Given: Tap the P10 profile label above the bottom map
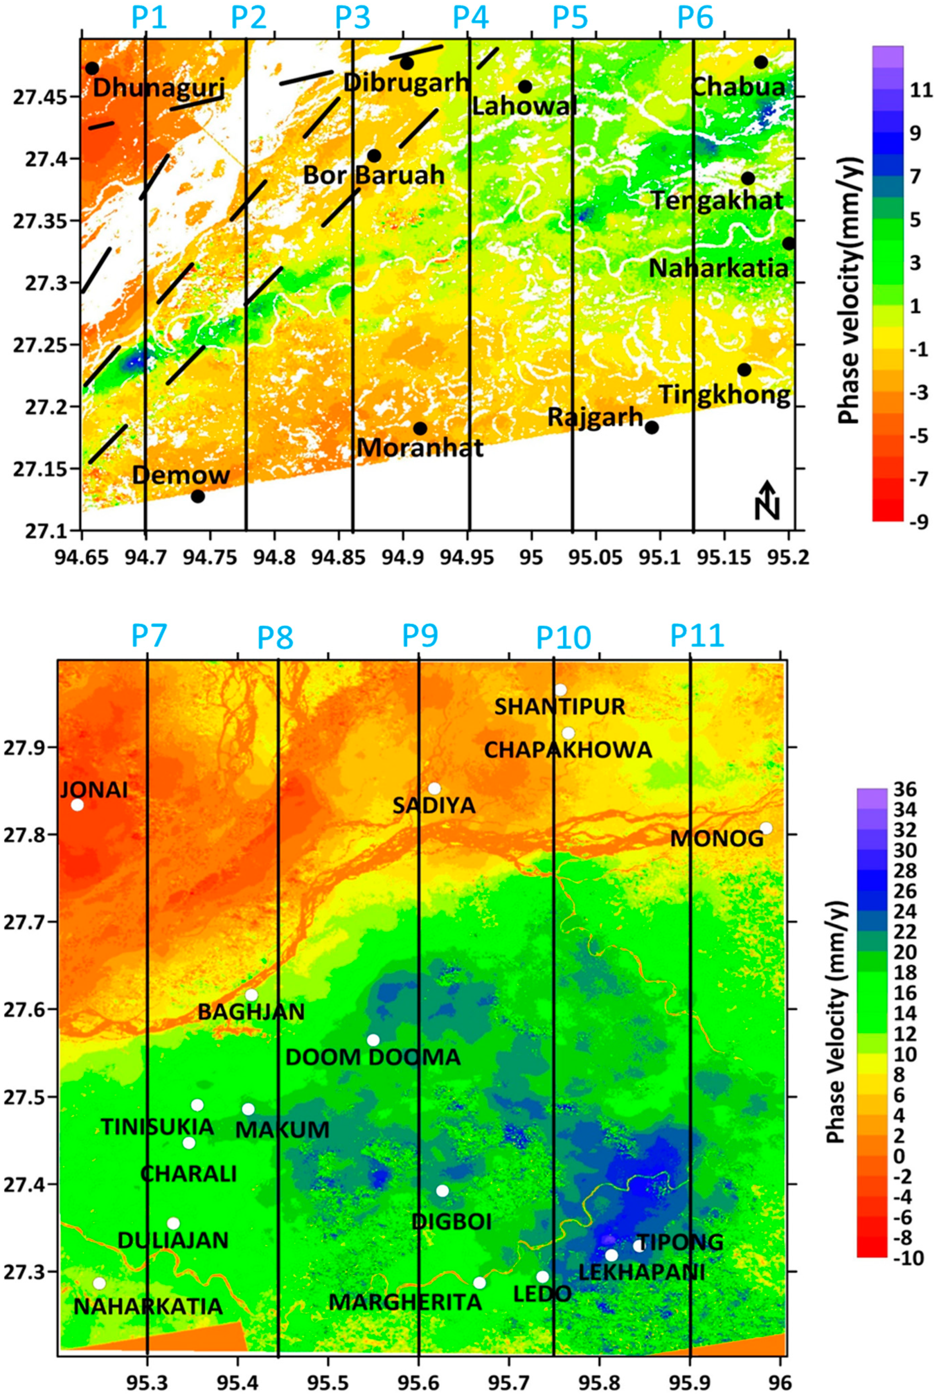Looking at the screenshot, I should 563,638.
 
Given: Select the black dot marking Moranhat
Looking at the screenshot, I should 421,429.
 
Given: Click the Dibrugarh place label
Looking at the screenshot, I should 406,83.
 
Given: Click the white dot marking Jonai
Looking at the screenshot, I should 77,805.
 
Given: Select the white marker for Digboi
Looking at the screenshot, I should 442,1191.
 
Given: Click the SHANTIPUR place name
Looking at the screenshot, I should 559,707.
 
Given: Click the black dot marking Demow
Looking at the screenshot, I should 198,496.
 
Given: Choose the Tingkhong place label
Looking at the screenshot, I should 724,395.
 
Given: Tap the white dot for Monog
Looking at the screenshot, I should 766,828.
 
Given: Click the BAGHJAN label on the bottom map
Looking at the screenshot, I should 251,1012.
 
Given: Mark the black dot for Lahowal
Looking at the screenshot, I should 525,87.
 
